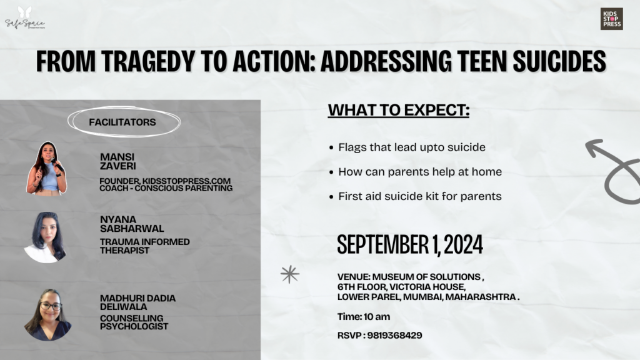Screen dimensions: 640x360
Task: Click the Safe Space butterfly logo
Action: click(25, 18)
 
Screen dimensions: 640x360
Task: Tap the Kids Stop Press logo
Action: click(611, 19)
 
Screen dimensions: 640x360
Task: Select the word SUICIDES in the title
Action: click(559, 61)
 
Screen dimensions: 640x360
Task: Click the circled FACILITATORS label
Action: click(122, 122)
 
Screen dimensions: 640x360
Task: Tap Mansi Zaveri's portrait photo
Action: click(46, 169)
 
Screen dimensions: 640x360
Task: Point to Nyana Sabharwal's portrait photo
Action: click(46, 237)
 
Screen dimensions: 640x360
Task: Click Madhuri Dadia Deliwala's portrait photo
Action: click(47, 315)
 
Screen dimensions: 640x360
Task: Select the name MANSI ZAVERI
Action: click(118, 162)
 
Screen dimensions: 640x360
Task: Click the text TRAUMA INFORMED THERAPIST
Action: click(145, 246)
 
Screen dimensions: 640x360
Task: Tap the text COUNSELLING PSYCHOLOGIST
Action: click(134, 322)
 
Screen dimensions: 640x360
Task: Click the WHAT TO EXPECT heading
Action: click(399, 110)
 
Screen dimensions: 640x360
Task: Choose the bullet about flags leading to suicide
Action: click(407, 147)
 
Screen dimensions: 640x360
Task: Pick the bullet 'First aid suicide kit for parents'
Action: click(415, 196)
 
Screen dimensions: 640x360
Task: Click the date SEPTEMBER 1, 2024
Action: click(410, 245)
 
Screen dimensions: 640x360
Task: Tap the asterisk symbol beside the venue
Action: click(290, 274)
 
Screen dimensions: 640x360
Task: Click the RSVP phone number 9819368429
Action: click(395, 336)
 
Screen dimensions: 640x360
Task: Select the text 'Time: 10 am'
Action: click(364, 317)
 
